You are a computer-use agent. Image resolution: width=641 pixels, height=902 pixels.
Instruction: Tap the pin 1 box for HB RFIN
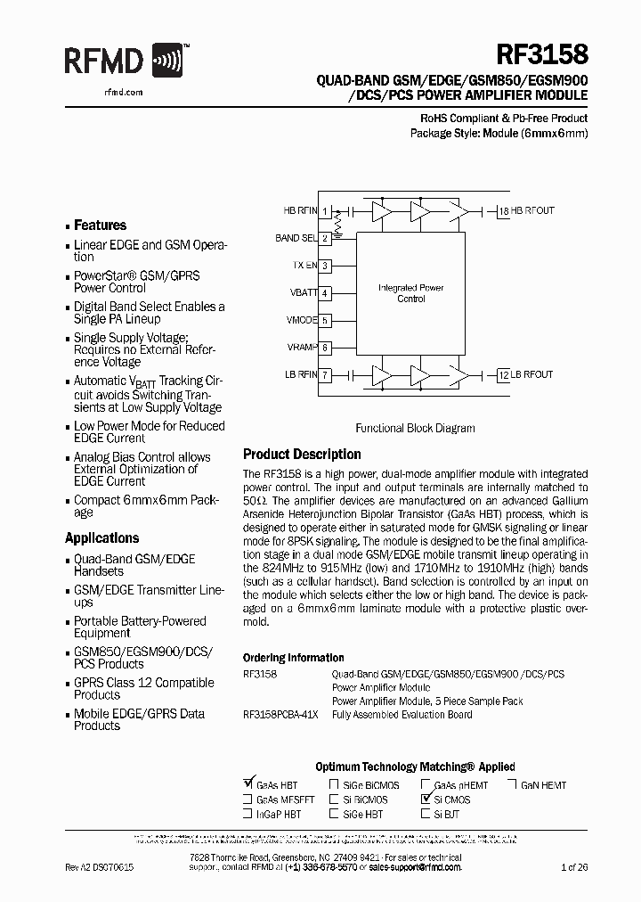[x=326, y=211]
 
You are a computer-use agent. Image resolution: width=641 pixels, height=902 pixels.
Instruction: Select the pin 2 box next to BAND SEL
[x=326, y=238]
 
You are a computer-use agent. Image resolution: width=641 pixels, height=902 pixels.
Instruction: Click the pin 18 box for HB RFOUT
[x=504, y=211]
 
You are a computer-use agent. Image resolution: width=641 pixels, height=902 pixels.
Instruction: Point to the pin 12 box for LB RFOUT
[x=504, y=375]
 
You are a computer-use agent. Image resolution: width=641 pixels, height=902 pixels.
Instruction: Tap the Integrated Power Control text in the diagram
[x=410, y=293]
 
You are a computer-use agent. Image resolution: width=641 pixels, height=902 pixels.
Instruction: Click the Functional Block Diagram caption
[x=415, y=428]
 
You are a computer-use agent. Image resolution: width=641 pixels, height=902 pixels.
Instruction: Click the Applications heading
[x=102, y=538]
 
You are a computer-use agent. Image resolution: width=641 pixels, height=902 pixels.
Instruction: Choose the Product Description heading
[x=302, y=455]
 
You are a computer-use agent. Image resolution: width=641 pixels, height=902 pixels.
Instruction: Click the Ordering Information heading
[x=293, y=658]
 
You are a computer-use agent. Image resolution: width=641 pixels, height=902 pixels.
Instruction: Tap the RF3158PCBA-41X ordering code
[x=280, y=714]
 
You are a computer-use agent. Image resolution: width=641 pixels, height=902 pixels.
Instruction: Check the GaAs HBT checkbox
[x=247, y=784]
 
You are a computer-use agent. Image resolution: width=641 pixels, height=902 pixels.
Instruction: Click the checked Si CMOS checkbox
[x=426, y=799]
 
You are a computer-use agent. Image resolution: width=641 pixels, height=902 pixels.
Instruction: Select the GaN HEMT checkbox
[x=514, y=785]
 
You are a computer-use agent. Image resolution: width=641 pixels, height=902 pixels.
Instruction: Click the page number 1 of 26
[x=575, y=866]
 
